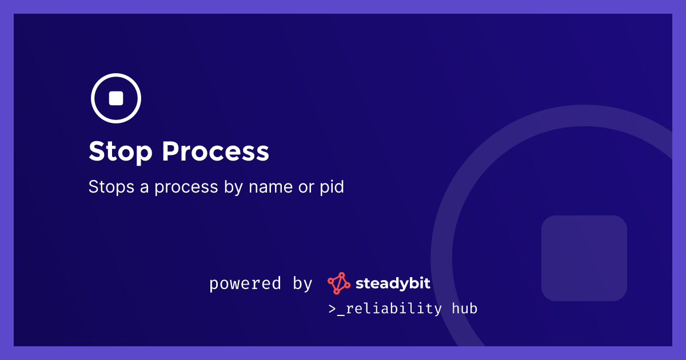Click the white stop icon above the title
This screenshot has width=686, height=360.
116,98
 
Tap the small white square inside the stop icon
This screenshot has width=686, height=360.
116,98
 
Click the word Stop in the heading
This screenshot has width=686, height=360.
121,152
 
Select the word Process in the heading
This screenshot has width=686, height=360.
216,152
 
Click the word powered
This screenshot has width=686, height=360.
245,283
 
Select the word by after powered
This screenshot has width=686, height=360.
302,284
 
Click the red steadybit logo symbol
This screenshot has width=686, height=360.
338,283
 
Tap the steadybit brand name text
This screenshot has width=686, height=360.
393,283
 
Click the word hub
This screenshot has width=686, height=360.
464,309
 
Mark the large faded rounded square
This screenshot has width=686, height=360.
584,258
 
